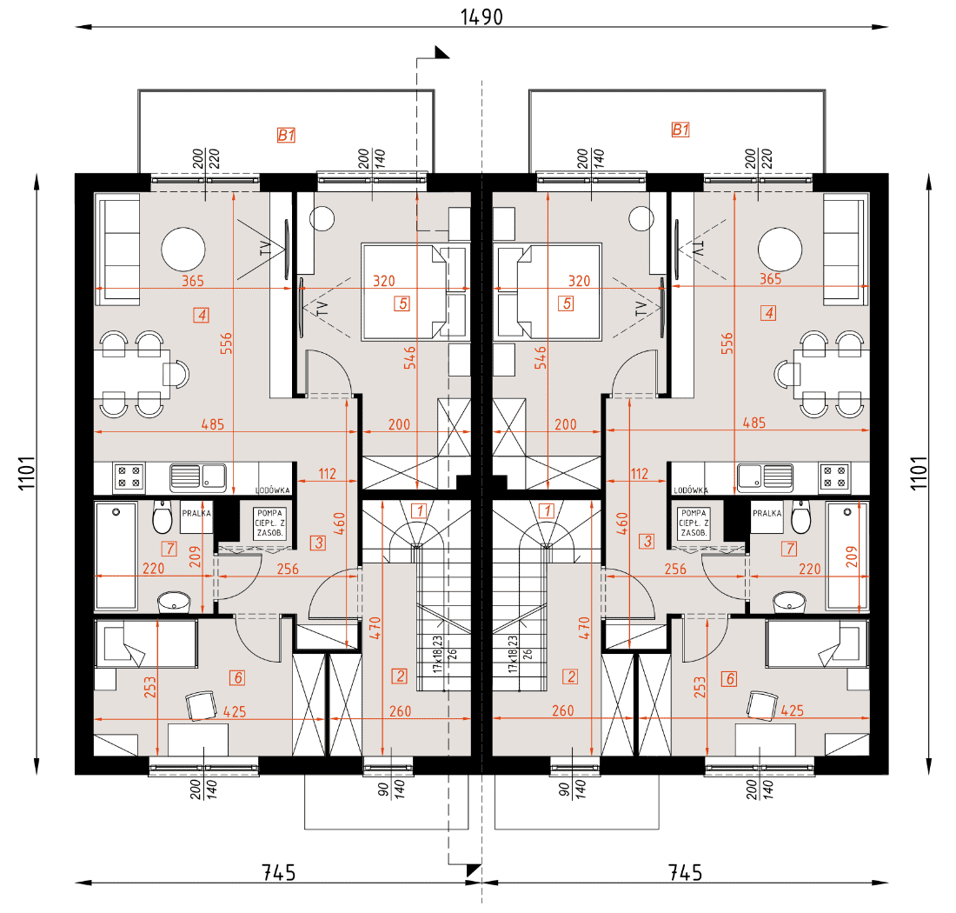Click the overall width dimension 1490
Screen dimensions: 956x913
coord(481,17)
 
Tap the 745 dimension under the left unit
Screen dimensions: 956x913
coord(279,872)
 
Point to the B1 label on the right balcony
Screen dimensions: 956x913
coord(680,130)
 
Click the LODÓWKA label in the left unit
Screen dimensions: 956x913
coord(273,490)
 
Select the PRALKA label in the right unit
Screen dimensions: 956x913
coord(767,513)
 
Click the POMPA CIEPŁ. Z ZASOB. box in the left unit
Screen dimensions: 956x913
coord(269,523)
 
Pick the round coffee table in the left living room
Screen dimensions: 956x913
coord(183,249)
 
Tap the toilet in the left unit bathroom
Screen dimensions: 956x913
coord(163,516)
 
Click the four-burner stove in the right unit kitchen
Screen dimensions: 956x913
coord(834,476)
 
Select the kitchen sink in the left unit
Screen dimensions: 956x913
coord(198,476)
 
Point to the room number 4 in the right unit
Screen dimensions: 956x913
coord(768,313)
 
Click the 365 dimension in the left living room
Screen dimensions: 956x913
coord(193,281)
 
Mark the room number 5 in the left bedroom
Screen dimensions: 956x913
coord(402,303)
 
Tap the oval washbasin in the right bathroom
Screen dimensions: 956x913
coord(789,602)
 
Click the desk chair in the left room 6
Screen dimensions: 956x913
coord(202,706)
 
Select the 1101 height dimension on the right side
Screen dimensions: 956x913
coord(919,473)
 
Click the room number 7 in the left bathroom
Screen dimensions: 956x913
coord(169,549)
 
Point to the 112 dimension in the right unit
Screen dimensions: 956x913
coord(640,473)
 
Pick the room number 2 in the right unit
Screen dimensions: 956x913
coord(571,676)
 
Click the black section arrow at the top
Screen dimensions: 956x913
coord(441,52)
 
